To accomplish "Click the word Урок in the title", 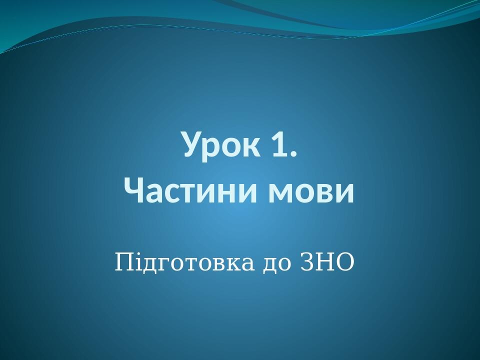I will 220,144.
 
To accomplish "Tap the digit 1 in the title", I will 279,144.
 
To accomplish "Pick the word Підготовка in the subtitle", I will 184,263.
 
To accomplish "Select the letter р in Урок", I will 212,148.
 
